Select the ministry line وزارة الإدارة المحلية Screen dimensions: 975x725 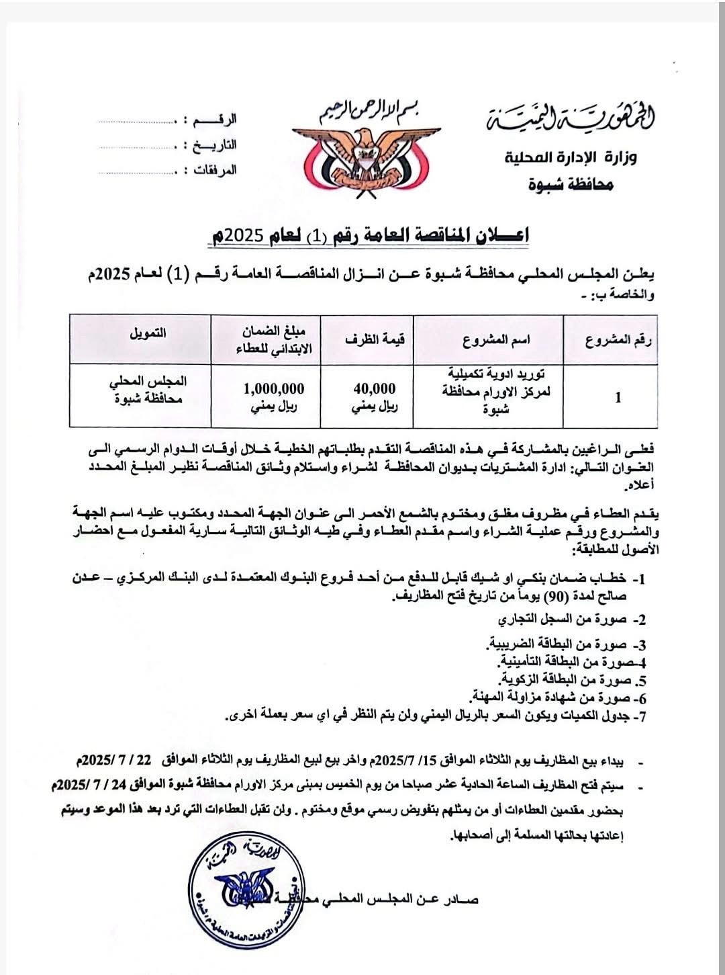[571, 159]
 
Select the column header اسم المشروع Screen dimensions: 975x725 [497, 340]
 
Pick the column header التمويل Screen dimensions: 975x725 [148, 333]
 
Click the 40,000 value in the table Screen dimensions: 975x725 [374, 388]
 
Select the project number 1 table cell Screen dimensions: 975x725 [618, 397]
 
